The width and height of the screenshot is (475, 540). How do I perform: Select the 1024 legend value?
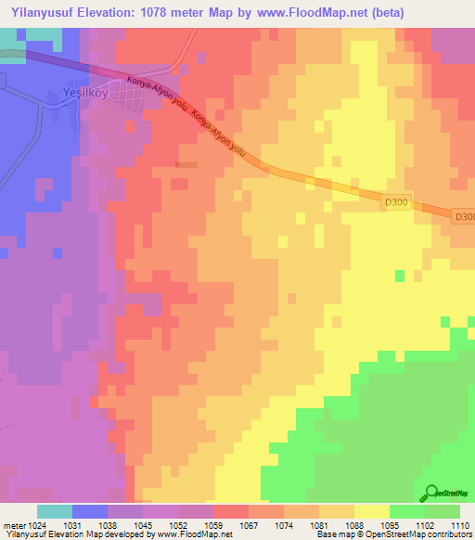click(34, 525)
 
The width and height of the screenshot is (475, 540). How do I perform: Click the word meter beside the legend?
click(12, 525)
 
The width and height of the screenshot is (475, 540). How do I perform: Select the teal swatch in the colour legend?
click(55, 511)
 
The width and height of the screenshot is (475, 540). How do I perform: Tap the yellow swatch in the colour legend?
click(372, 511)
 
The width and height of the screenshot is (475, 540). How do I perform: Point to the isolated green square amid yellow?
click(400, 276)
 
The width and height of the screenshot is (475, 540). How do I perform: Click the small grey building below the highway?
click(187, 164)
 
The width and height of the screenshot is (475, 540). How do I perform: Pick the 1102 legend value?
click(426, 525)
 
